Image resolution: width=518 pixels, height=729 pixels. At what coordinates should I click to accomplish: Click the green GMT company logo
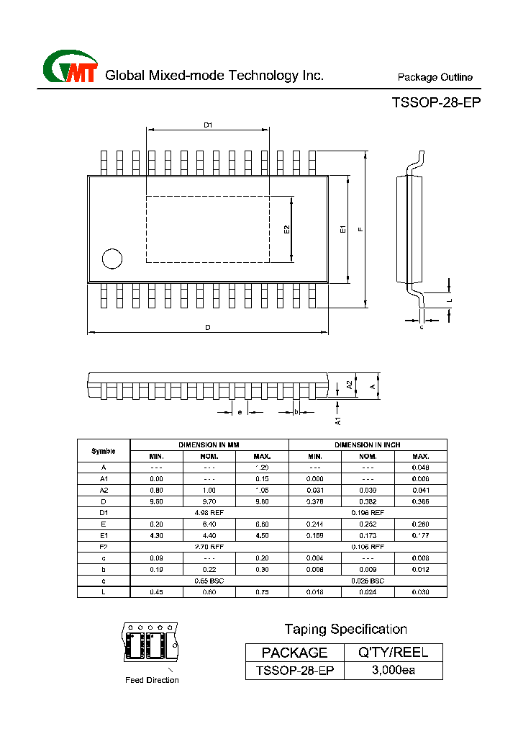tap(71, 68)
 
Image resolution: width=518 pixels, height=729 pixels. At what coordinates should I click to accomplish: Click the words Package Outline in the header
tap(435, 77)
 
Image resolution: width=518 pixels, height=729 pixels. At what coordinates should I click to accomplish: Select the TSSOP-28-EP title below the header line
tap(436, 102)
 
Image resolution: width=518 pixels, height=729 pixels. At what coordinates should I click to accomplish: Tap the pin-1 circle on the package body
tap(112, 258)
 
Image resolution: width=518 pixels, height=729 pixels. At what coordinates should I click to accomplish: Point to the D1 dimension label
tap(208, 125)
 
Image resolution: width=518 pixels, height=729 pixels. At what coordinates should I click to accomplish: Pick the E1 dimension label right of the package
tap(343, 229)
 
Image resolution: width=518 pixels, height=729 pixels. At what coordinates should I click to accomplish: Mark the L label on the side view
tap(448, 298)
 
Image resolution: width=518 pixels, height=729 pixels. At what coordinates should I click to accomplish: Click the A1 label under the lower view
tap(337, 419)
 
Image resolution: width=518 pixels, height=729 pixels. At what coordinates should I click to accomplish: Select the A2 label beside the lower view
tap(350, 385)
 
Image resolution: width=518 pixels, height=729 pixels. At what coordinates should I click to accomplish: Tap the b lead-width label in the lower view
tap(296, 412)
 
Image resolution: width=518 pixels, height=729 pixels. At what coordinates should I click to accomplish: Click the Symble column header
tap(104, 451)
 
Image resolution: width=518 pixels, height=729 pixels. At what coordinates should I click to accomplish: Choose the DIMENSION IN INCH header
tap(368, 445)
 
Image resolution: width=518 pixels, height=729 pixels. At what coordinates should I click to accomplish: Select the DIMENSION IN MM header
tap(209, 445)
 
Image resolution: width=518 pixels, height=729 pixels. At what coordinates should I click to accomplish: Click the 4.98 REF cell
tap(209, 512)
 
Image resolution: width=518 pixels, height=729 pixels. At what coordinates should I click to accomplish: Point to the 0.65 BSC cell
tap(209, 580)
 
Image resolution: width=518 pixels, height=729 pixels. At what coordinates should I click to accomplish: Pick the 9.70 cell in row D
tap(209, 501)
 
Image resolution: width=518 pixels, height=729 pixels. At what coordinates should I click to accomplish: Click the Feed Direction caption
tap(152, 680)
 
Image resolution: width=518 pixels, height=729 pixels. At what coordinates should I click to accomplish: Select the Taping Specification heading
tap(345, 630)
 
